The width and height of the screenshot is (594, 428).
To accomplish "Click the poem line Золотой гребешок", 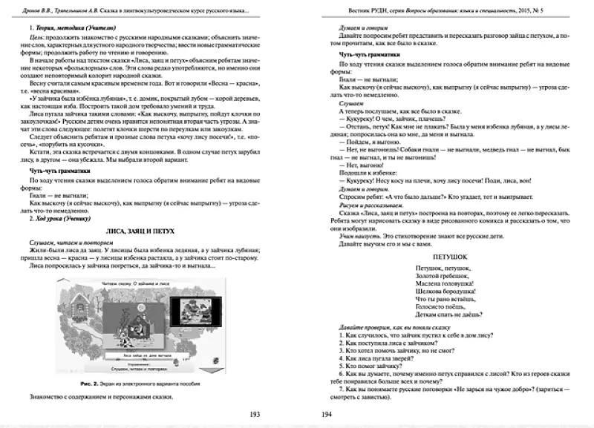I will (440, 274).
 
